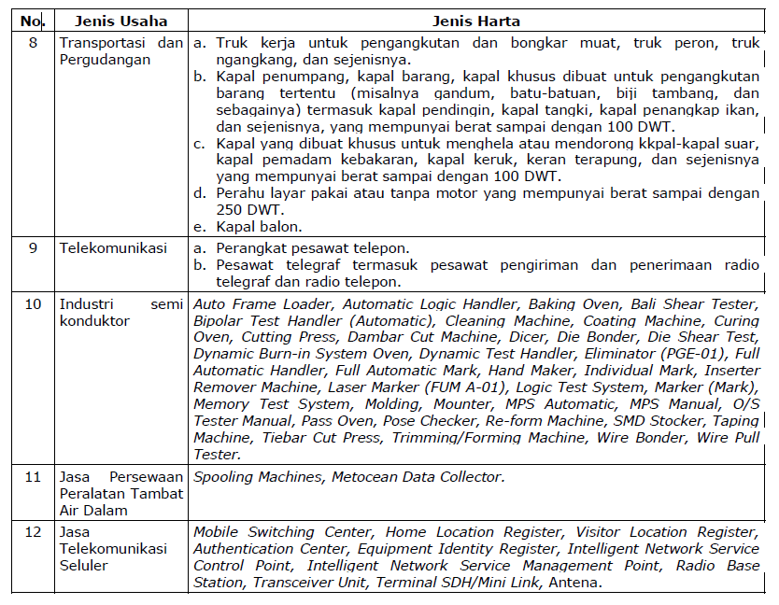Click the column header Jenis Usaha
click(120, 21)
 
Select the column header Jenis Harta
click(476, 21)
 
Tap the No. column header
click(32, 21)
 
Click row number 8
click(33, 43)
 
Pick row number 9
click(33, 248)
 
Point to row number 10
click(33, 304)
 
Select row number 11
click(33, 476)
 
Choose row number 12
click(33, 532)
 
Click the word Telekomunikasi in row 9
click(113, 248)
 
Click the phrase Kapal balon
click(259, 227)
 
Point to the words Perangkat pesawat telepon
click(313, 248)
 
